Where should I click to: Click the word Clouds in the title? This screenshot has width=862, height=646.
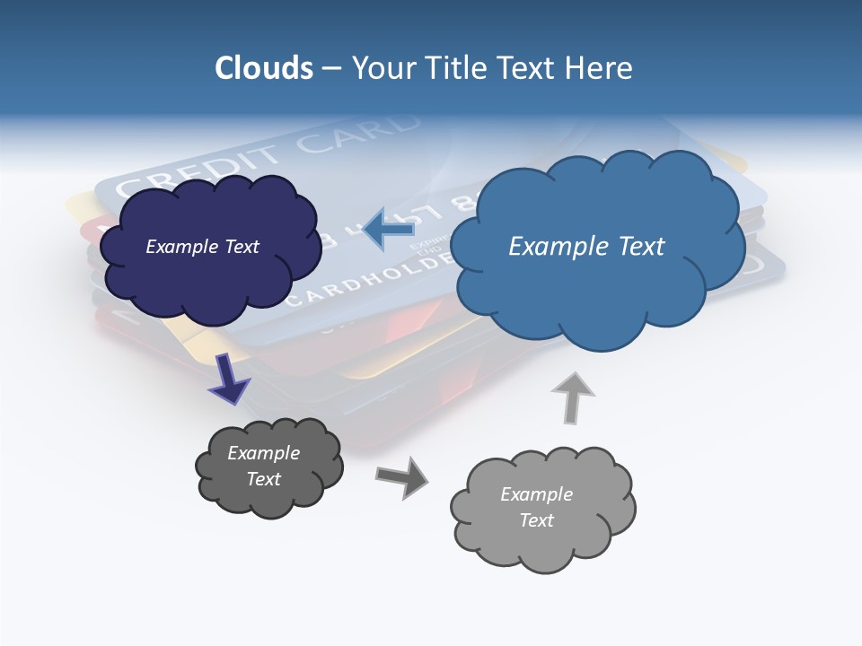[x=263, y=67]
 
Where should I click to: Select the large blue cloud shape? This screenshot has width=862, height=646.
[x=596, y=296]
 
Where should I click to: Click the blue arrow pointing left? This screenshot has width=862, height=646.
[x=388, y=229]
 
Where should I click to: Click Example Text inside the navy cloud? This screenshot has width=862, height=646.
[x=202, y=247]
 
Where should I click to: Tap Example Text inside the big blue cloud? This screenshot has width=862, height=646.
[x=586, y=247]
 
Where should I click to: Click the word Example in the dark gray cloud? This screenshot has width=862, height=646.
[x=263, y=453]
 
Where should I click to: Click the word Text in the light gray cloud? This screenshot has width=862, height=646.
[x=536, y=520]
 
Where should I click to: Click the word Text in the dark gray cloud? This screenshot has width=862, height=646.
[x=263, y=479]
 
